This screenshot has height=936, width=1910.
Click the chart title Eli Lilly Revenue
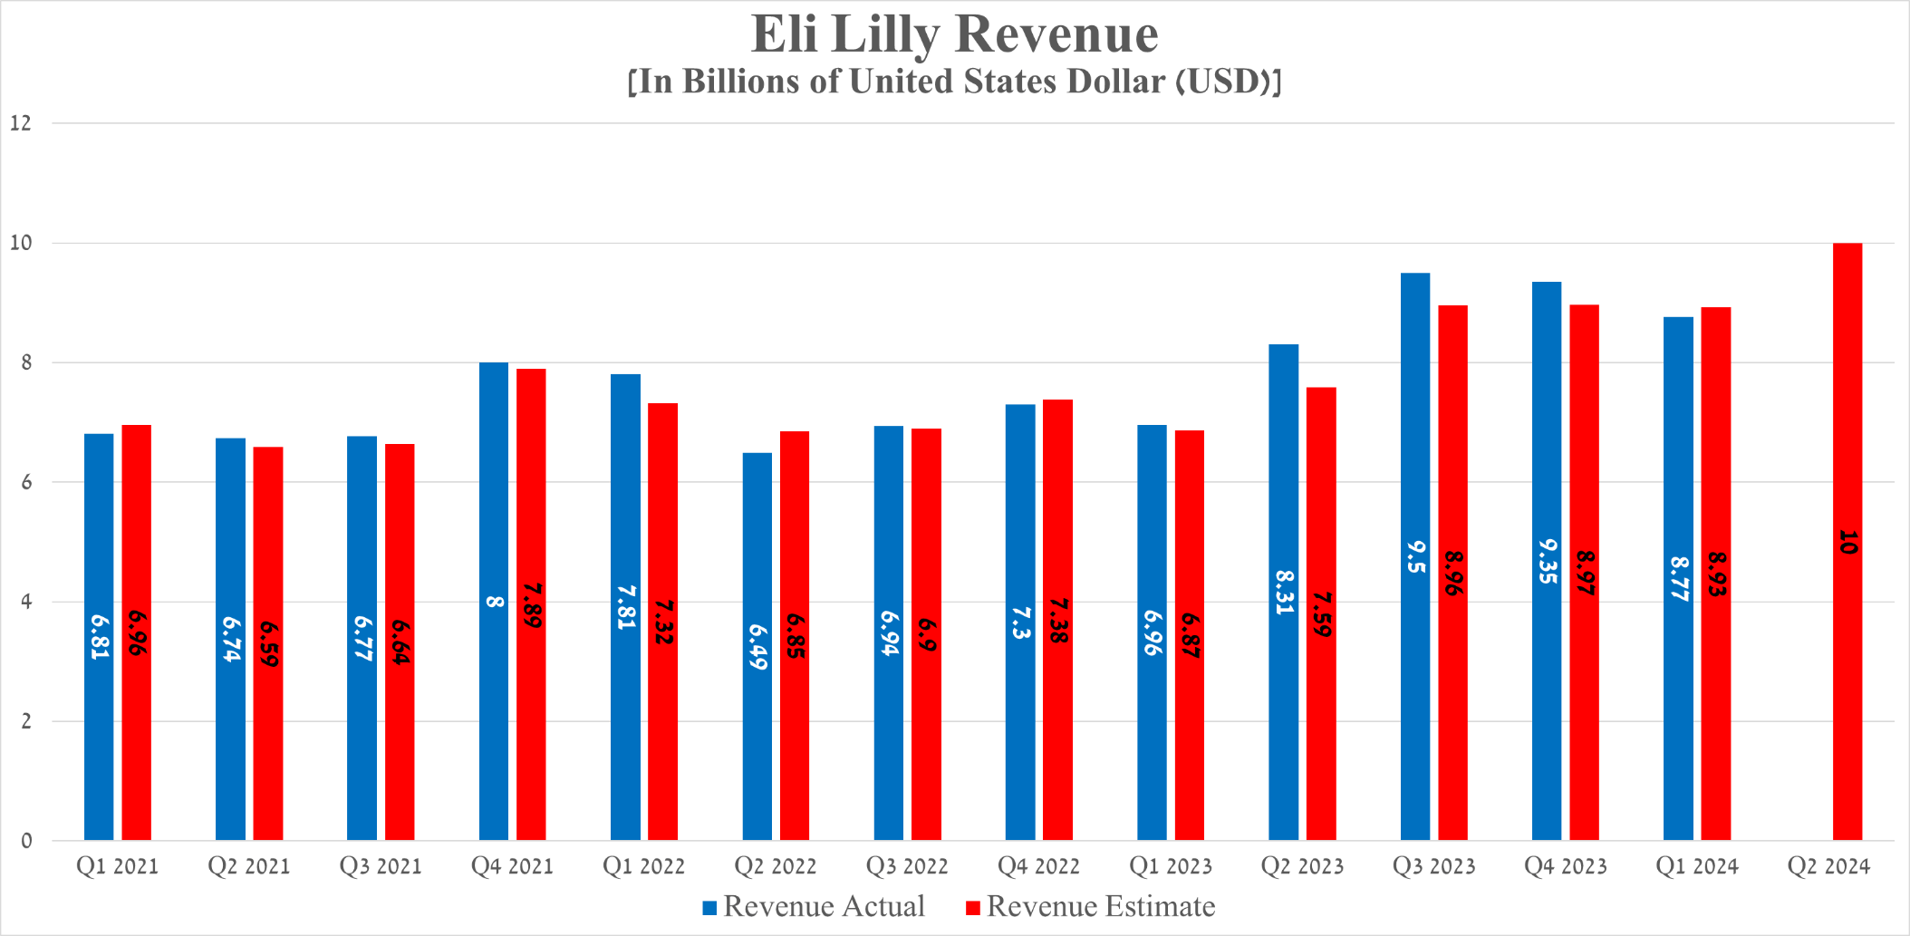click(x=954, y=34)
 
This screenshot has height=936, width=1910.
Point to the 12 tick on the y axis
click(x=21, y=123)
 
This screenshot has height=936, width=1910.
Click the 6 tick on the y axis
click(x=26, y=482)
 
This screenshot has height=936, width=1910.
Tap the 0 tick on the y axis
click(x=26, y=841)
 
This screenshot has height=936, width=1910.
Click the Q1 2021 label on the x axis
click(x=118, y=867)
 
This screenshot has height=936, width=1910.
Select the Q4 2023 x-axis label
click(x=1566, y=867)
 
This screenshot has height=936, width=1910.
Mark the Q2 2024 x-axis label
click(x=1828, y=867)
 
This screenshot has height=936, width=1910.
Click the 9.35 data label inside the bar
click(x=1548, y=562)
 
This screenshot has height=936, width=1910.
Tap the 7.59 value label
click(x=1322, y=615)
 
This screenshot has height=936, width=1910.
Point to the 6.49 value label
click(x=757, y=647)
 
